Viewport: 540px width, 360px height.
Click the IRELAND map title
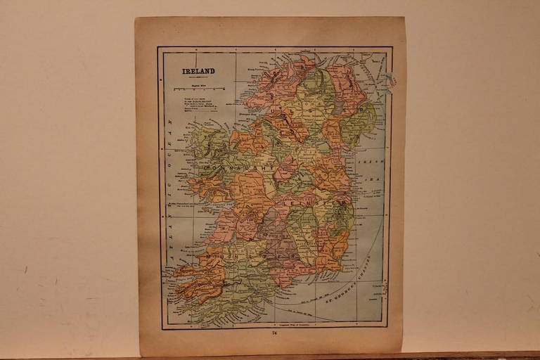pos(199,71)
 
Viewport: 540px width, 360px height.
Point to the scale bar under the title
pos(199,89)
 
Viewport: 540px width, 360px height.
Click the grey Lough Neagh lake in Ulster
pos(338,106)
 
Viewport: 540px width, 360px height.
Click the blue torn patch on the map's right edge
pos(388,79)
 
